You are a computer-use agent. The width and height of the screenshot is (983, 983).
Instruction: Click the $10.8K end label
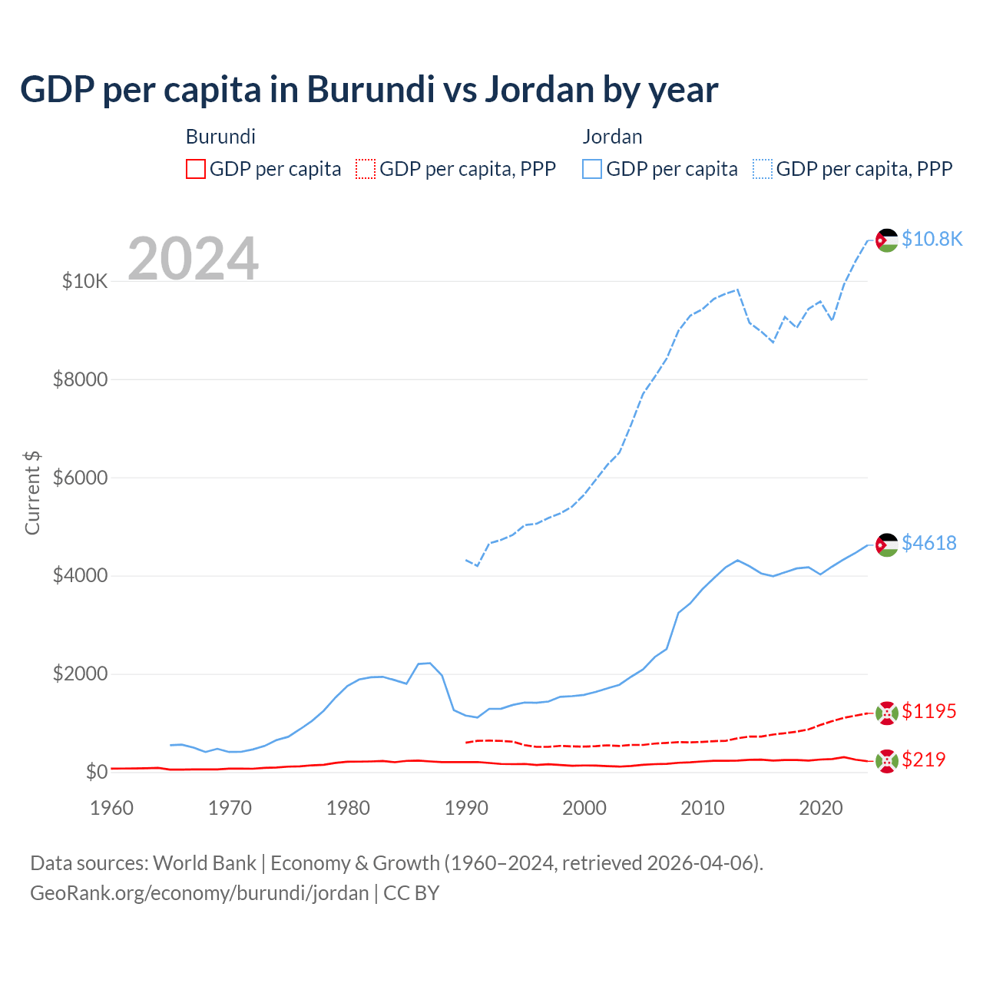(932, 239)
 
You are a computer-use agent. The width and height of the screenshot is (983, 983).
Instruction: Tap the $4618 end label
(928, 543)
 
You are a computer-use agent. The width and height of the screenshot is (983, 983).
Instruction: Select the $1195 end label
(928, 711)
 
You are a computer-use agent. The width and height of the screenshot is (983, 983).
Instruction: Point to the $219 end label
(923, 760)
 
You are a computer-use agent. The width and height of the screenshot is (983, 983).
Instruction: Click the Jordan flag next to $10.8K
(887, 240)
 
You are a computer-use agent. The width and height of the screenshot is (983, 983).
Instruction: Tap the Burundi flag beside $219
(887, 760)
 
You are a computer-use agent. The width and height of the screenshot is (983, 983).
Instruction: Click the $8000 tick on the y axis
(81, 379)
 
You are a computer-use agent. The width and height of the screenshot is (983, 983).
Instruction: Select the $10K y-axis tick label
(84, 281)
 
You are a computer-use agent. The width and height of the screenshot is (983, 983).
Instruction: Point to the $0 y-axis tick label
(96, 772)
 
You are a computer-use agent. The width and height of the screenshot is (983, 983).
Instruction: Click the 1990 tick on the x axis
(466, 808)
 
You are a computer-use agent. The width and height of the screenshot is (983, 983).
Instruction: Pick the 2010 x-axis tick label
(703, 808)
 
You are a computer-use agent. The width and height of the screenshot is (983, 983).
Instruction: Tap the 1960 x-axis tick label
(112, 808)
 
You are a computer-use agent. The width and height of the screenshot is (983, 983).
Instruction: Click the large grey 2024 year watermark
(193, 259)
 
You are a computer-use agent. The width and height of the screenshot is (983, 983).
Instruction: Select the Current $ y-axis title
(32, 492)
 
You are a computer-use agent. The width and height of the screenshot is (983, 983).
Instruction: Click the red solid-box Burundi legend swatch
(196, 169)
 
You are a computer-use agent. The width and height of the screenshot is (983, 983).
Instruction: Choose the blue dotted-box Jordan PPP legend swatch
(763, 169)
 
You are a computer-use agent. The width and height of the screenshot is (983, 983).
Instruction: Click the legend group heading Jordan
(612, 137)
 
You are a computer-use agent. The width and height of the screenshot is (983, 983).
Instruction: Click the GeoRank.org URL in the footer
(200, 893)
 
